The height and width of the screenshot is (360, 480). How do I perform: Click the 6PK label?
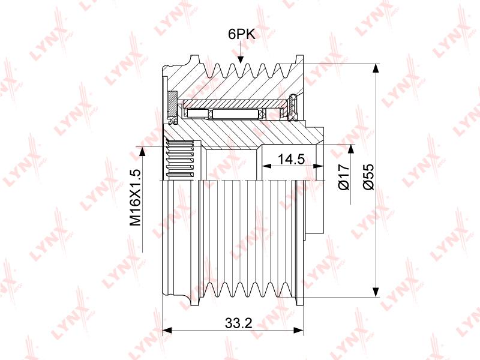(242, 34)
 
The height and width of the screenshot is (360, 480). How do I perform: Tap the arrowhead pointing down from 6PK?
(241, 59)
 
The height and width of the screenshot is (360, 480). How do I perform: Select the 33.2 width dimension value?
(238, 323)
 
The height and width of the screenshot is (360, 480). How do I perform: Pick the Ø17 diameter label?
(344, 176)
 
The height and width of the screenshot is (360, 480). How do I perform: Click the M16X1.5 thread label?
(135, 197)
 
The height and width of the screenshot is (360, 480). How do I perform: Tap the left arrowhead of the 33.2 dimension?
(167, 331)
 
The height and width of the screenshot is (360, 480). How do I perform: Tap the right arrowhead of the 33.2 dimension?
(298, 331)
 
